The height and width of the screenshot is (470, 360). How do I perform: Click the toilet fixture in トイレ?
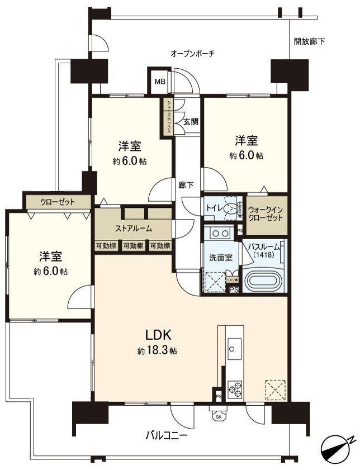230,208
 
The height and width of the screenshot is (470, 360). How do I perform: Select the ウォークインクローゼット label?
266,212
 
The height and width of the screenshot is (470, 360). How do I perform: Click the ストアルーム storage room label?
134,228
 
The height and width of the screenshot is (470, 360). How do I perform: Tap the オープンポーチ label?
192,54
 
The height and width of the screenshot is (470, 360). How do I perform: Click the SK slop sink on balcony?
217,415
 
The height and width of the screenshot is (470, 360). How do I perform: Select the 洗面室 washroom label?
217,259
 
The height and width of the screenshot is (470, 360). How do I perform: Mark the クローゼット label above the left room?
57,201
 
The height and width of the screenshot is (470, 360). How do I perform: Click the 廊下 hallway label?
186,186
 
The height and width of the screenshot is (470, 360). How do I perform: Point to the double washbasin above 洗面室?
217,233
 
